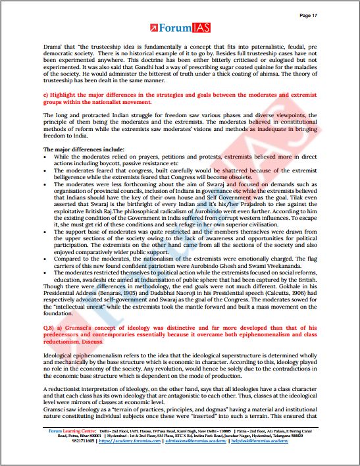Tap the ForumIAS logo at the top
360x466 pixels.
pos(180,28)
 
